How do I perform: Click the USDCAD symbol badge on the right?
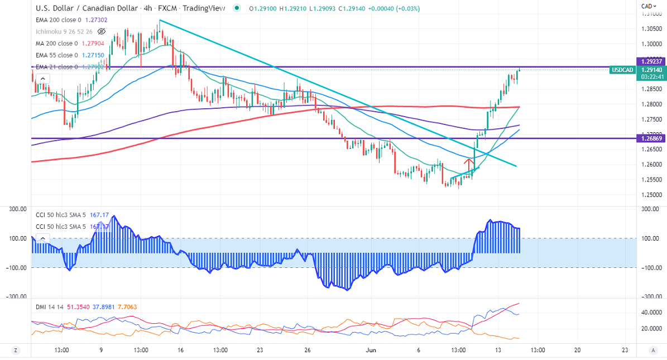pyautogui.click(x=622, y=70)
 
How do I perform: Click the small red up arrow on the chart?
pyautogui.click(x=469, y=164)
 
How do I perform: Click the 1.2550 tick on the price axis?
pyautogui.click(x=650, y=180)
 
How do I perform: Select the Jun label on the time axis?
pyautogui.click(x=371, y=350)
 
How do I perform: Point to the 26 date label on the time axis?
pyautogui.click(x=308, y=350)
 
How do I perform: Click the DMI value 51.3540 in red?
pyautogui.click(x=79, y=307)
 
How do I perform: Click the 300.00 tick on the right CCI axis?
pyautogui.click(x=650, y=209)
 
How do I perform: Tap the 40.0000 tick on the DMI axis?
pyautogui.click(x=650, y=313)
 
